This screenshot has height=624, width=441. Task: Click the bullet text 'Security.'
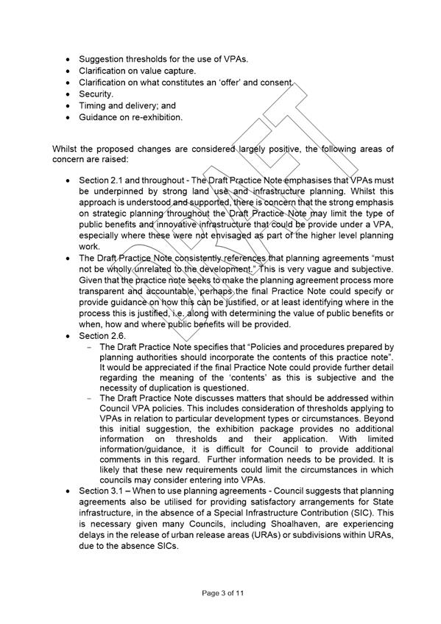(x=96, y=94)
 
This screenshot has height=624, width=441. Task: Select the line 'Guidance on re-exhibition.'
(x=130, y=116)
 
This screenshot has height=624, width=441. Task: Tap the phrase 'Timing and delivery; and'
(x=127, y=105)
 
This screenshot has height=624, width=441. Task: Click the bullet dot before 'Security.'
(x=68, y=94)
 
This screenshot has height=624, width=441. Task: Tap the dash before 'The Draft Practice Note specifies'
(x=90, y=347)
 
